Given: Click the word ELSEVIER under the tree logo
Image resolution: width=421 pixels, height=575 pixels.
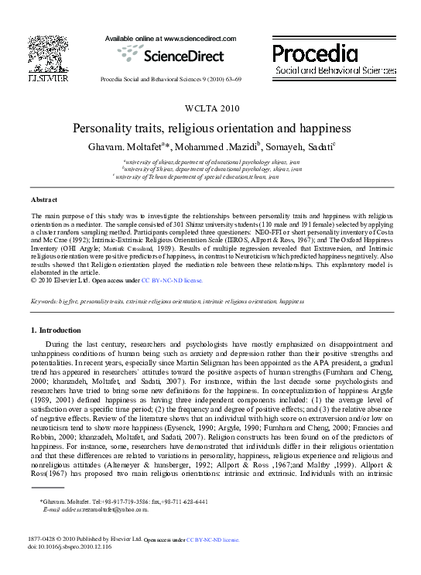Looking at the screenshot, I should point(47,79).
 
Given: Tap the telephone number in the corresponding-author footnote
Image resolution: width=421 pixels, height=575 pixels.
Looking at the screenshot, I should point(120,502).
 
